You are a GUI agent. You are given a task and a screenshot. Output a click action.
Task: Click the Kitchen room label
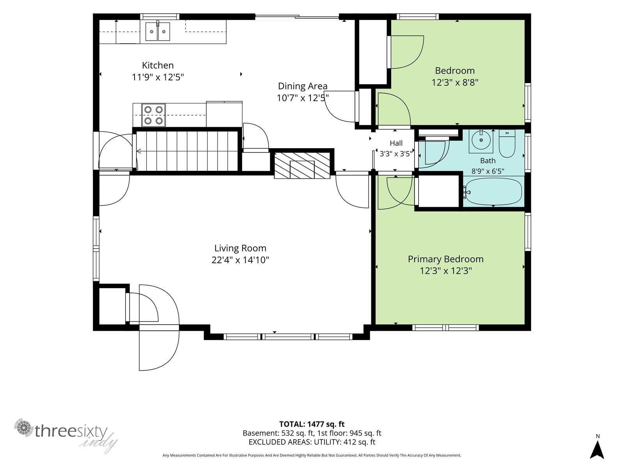[x=158, y=66]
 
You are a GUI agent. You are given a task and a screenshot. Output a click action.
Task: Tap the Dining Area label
[x=303, y=86]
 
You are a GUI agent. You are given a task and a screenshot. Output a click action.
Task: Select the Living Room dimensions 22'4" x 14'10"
[x=240, y=260]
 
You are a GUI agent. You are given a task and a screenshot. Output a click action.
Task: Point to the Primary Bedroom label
[x=445, y=259]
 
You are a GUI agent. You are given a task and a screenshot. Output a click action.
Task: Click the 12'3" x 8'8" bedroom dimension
[x=455, y=83]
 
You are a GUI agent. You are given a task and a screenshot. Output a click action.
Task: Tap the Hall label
[x=396, y=143]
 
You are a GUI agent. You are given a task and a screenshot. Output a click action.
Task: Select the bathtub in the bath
[x=494, y=191]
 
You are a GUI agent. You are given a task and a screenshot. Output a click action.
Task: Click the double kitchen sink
[x=158, y=31]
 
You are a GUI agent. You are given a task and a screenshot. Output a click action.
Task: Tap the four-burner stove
[x=154, y=115]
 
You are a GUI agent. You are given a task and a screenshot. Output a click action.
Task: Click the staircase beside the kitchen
[x=187, y=151]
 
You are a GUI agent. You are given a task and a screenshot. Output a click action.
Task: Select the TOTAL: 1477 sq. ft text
[x=312, y=424]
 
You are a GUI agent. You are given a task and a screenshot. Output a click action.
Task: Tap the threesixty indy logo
[x=66, y=434]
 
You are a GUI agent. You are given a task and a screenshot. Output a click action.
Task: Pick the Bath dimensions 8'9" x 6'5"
[x=488, y=171]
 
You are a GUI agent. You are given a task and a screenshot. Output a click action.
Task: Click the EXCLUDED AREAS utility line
[x=312, y=442]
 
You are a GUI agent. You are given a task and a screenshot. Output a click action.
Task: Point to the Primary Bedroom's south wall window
[x=445, y=328]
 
